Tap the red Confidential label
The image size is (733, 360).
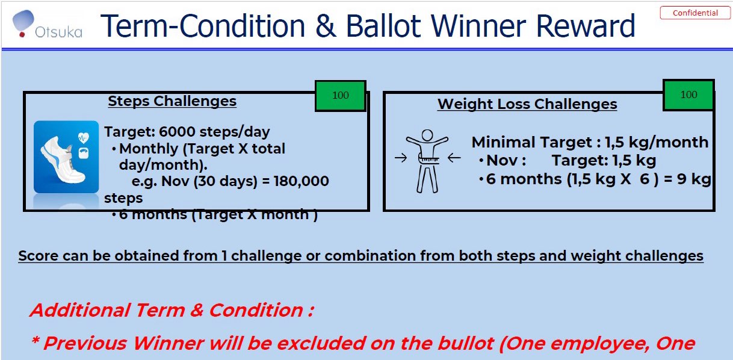point(695,13)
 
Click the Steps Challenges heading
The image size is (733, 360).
point(172,101)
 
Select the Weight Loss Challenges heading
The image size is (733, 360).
point(527,104)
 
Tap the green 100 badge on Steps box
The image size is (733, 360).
point(340,95)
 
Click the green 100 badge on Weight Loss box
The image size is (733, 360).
point(688,95)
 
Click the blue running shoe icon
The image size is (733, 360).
point(66,157)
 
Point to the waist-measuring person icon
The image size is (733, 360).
point(427,160)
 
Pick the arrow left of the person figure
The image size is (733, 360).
point(400,159)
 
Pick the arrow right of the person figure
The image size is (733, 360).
point(454,159)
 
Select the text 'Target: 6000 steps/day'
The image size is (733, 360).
point(187,132)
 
